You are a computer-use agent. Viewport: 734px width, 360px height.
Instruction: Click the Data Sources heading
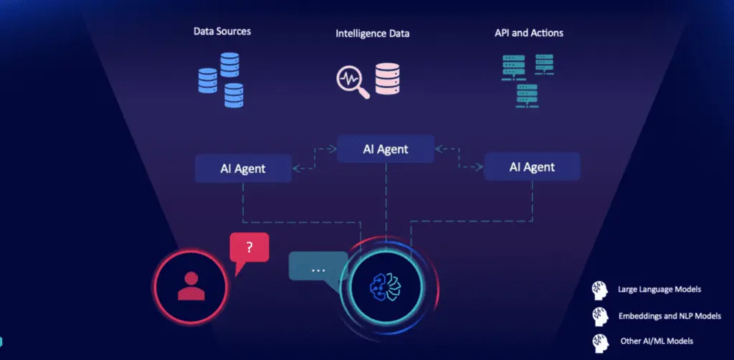(222, 32)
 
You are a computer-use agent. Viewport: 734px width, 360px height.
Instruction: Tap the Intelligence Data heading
(376, 34)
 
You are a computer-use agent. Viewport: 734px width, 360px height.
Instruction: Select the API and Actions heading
(529, 32)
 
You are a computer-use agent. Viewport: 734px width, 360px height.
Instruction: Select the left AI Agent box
(243, 169)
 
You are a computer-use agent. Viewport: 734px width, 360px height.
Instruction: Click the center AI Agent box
(386, 149)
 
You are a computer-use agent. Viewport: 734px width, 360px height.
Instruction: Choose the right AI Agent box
(533, 167)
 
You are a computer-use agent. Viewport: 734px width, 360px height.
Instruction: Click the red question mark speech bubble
(249, 249)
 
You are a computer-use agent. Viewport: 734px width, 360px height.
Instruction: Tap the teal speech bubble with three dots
(318, 268)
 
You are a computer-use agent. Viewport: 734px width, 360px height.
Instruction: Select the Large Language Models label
(659, 290)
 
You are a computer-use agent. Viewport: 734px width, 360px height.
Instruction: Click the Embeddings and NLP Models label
(669, 316)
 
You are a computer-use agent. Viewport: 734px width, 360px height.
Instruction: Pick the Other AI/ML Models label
(657, 341)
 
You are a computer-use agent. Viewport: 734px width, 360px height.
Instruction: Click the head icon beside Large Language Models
(599, 290)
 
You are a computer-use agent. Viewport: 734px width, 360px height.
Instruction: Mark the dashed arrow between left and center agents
(314, 159)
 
